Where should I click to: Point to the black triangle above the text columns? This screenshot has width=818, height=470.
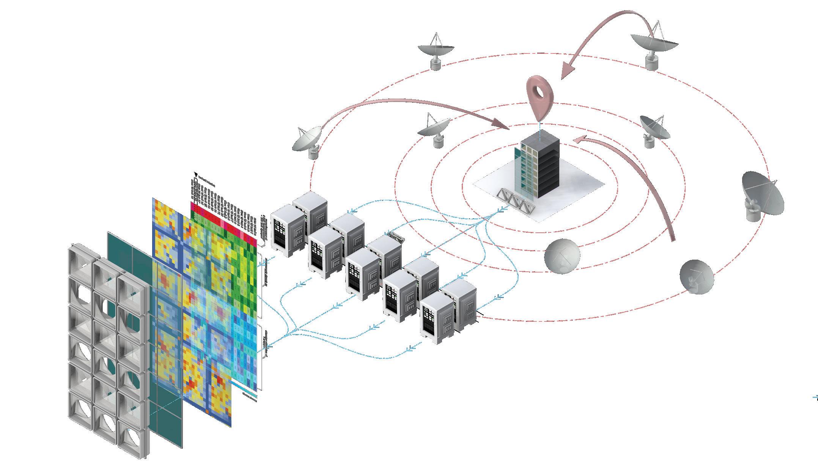(x=196, y=175)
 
